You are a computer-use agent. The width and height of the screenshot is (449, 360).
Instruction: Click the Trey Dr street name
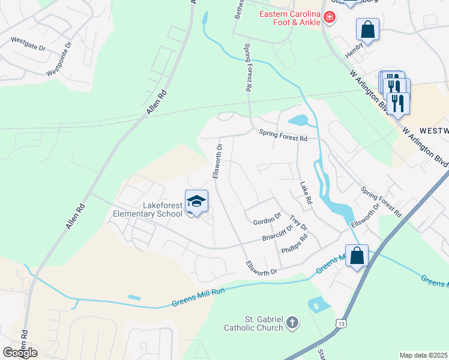point(298,223)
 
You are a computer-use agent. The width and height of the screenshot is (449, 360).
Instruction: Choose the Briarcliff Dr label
point(277,233)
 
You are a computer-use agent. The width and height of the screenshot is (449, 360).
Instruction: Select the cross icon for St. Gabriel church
point(292,323)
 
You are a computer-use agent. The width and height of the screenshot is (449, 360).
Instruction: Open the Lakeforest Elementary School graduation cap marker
point(196,201)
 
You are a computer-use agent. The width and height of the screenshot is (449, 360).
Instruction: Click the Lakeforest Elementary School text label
point(148,209)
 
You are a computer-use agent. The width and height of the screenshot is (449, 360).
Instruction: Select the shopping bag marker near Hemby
point(367,29)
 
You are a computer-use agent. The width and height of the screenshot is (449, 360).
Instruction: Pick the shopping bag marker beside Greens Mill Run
point(357,255)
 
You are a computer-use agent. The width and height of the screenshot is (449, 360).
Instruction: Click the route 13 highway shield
point(341,323)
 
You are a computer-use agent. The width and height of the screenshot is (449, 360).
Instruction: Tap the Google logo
point(20,353)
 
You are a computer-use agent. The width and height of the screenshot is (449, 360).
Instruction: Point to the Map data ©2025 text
point(423,355)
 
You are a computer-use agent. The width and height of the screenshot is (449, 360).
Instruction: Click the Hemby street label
point(354,53)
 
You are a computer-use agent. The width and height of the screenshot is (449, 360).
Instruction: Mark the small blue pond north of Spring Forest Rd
point(298,121)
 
